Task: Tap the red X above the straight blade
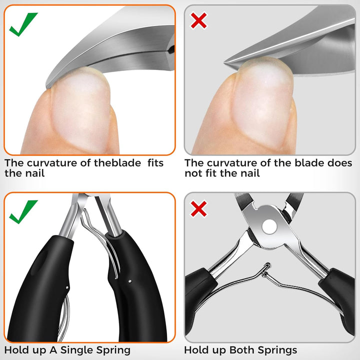point(199,21)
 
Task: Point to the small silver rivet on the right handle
point(129,281)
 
